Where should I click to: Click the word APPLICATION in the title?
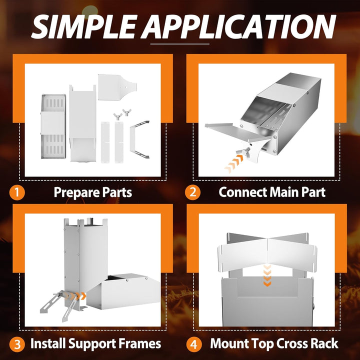click(239, 26)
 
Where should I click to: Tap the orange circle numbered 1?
click(17, 192)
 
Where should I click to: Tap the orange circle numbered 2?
click(192, 192)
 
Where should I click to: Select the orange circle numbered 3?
click(17, 344)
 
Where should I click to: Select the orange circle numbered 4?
click(194, 344)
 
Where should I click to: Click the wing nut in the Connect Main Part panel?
click(243, 152)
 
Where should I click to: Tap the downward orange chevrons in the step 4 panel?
click(267, 275)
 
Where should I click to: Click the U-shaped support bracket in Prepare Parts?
click(139, 139)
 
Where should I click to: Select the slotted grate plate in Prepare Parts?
click(53, 126)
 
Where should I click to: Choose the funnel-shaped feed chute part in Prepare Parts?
click(117, 87)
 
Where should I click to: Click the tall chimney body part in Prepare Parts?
click(82, 123)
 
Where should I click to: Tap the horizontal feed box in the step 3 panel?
click(123, 291)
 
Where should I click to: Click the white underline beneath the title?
click(180, 44)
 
